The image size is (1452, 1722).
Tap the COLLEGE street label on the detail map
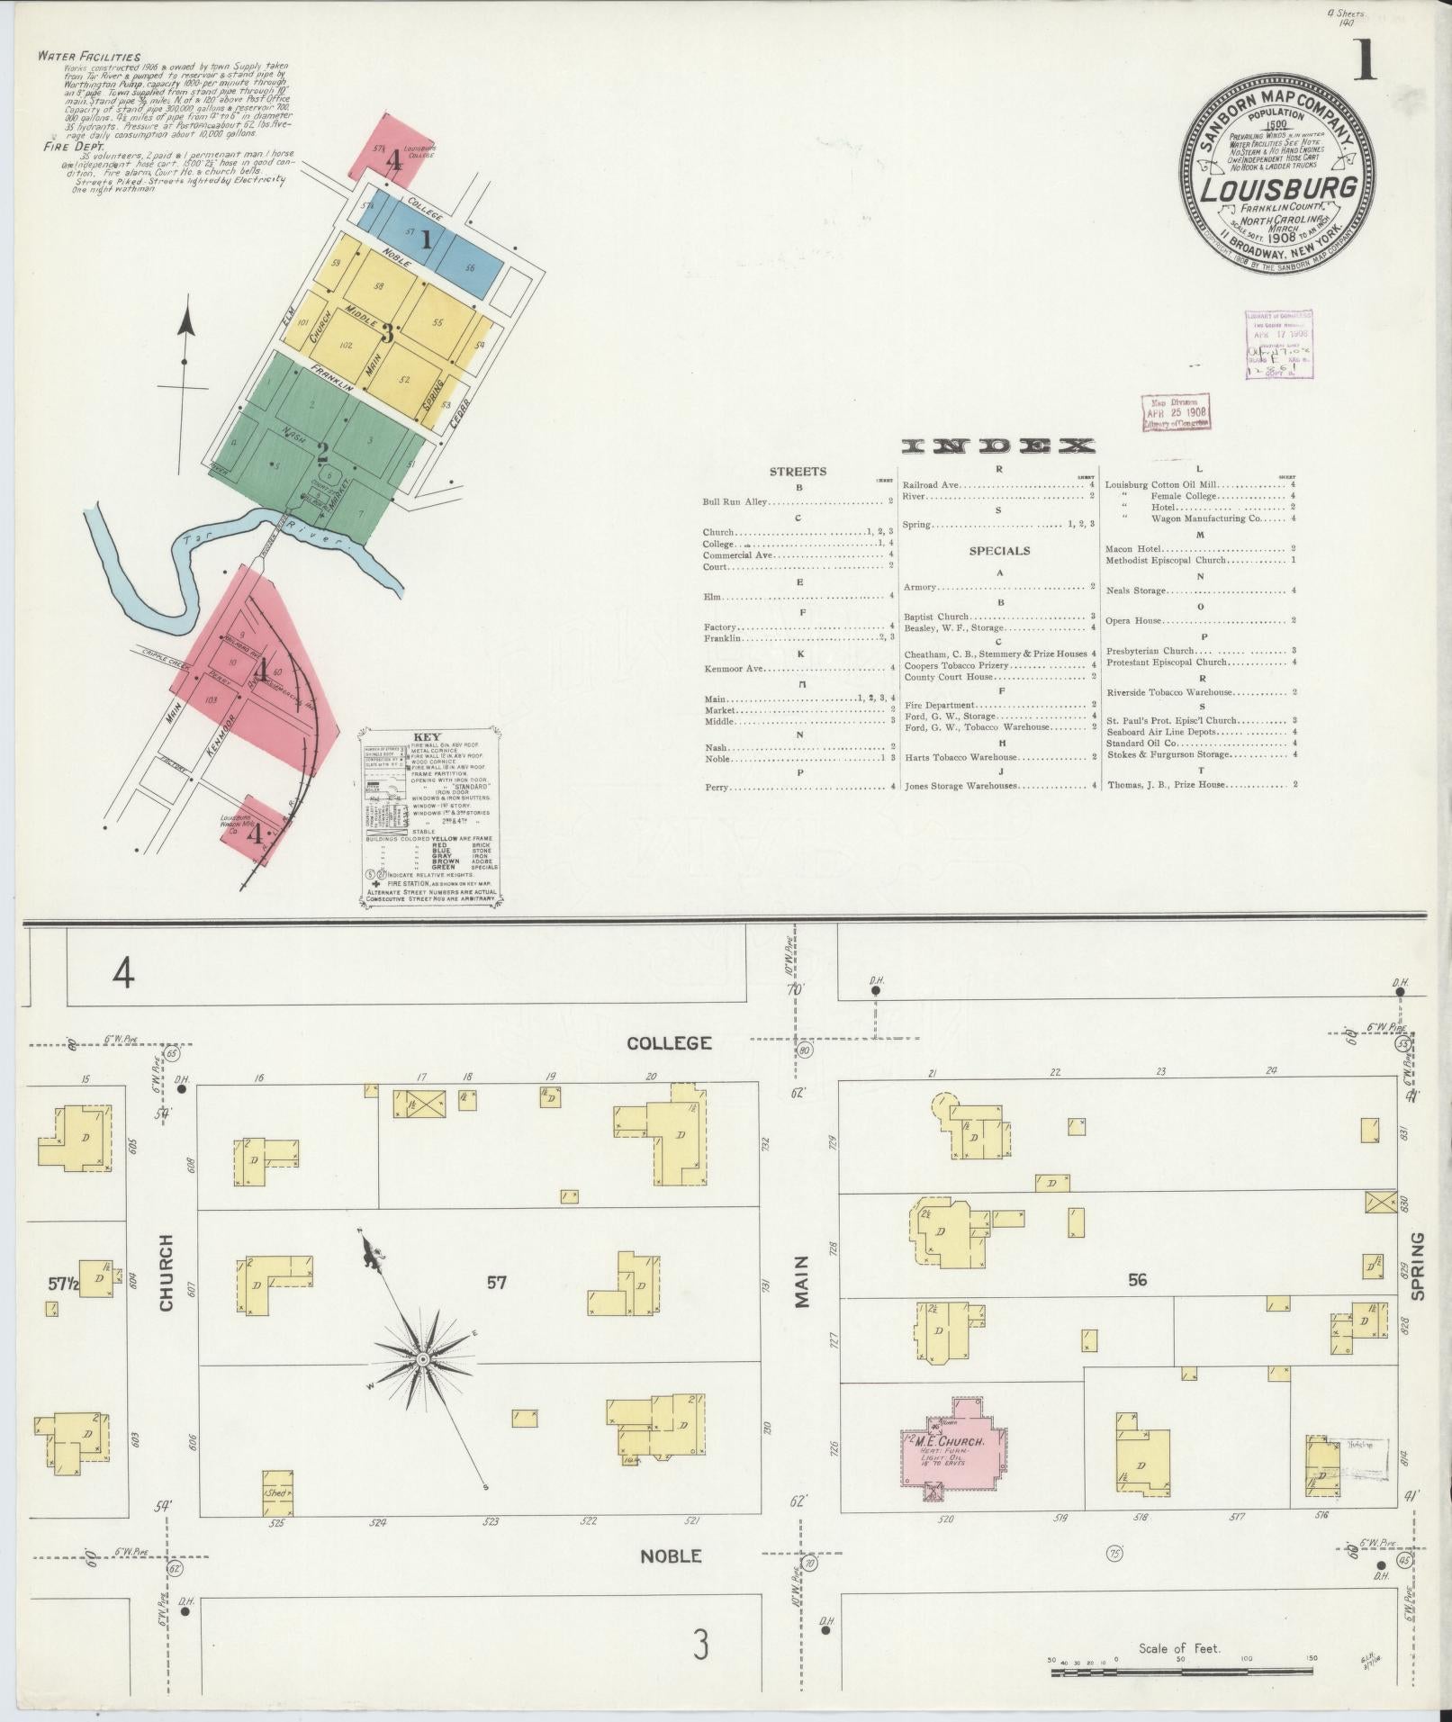[x=669, y=1043]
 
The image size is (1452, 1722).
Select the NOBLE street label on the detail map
[x=671, y=1555]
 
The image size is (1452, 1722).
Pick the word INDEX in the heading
[x=998, y=446]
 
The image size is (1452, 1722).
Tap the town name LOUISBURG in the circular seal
[x=1278, y=190]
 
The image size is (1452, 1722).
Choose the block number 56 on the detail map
[x=1138, y=1279]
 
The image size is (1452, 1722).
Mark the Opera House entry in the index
[x=1136, y=621]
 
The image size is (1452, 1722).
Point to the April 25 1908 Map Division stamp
[x=1175, y=413]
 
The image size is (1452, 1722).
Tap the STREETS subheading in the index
[x=798, y=471]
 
